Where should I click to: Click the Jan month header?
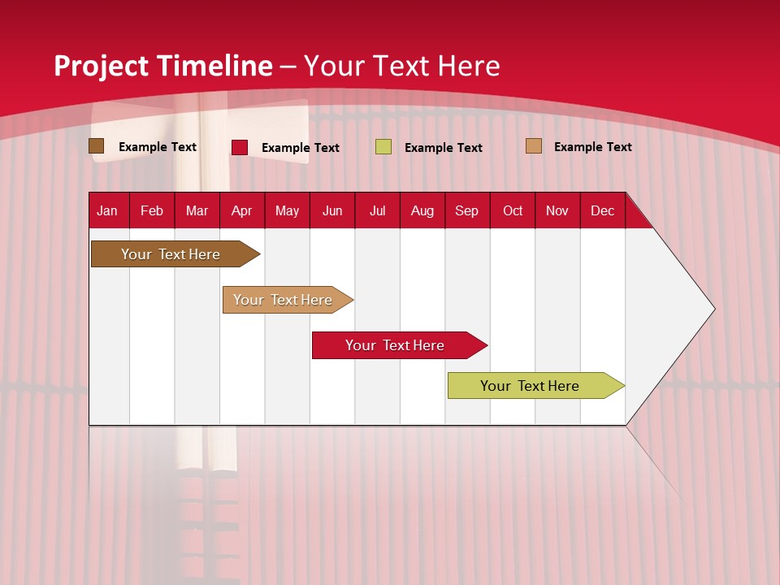(x=107, y=210)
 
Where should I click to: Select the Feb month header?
(x=152, y=210)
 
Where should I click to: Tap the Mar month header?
(x=197, y=210)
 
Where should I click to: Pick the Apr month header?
(x=242, y=210)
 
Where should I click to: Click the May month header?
(x=287, y=210)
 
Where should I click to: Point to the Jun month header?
(x=332, y=210)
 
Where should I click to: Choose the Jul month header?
(x=377, y=210)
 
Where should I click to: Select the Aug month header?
(x=422, y=210)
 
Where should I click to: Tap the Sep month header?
(x=467, y=210)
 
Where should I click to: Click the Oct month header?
(x=513, y=210)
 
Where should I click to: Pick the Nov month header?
(x=557, y=210)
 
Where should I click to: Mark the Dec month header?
(x=603, y=210)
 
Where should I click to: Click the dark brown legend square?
(x=96, y=146)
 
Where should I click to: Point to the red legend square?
(x=240, y=147)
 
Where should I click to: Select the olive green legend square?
(x=383, y=147)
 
